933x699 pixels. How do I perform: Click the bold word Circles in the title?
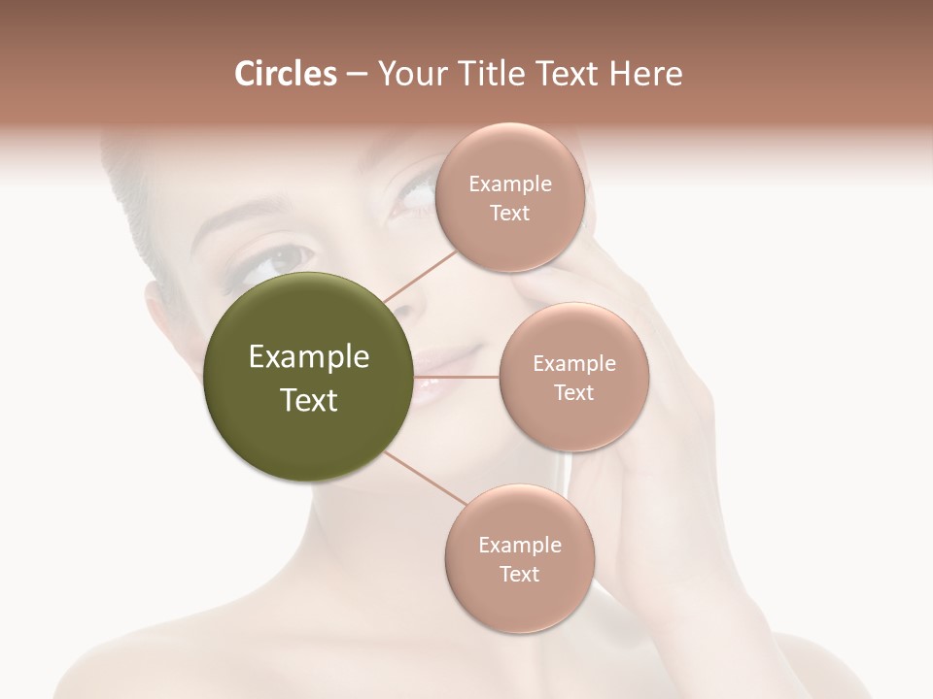click(285, 74)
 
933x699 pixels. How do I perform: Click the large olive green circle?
click(309, 378)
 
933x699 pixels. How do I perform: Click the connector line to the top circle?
click(419, 276)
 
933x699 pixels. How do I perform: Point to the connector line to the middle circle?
click(456, 376)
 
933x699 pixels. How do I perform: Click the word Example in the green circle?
click(309, 357)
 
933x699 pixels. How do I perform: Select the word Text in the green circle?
click(309, 400)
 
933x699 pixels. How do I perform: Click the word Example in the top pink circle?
click(510, 184)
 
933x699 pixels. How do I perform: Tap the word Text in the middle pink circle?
click(573, 393)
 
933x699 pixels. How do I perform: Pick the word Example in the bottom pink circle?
click(519, 546)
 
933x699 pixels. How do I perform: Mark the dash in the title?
click(356, 75)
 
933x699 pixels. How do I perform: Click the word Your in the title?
click(408, 74)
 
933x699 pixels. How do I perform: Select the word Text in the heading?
click(565, 74)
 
